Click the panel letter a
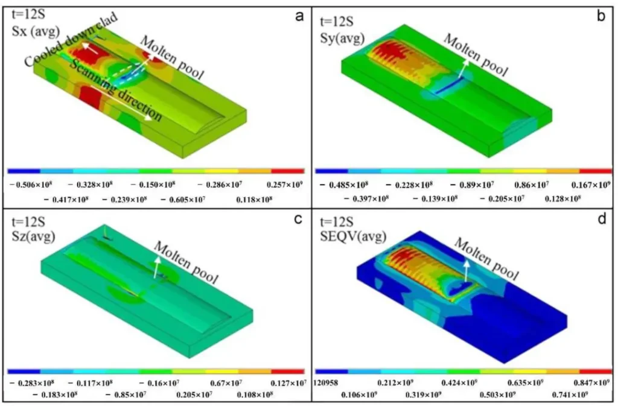[298, 16]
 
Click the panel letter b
[600, 16]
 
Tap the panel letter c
[298, 220]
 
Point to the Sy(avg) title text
[344, 30]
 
